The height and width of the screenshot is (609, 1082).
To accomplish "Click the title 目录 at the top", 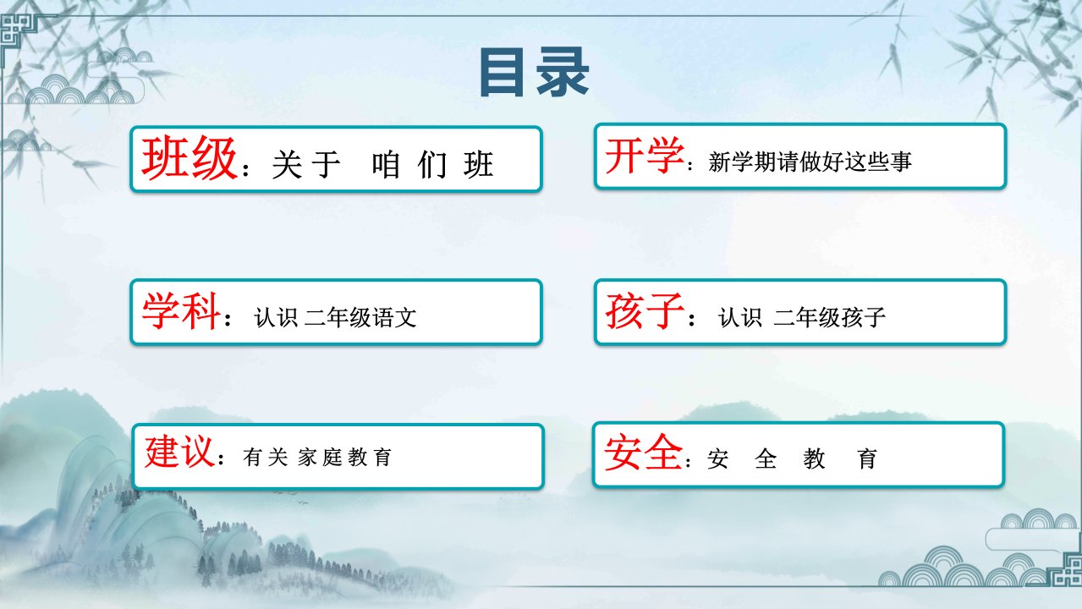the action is coord(534,73).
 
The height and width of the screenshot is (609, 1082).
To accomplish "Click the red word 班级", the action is coord(189,158).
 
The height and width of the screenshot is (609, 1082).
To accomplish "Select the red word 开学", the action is coord(645,155).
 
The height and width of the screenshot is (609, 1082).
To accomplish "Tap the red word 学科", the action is coord(181,311).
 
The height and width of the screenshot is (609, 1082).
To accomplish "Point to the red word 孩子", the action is coord(645,311).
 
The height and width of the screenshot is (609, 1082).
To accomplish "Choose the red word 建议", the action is coord(179,451).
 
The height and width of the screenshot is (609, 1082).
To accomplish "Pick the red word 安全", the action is coord(643,452).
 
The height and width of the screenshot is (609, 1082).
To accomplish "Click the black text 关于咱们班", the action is coord(382,165).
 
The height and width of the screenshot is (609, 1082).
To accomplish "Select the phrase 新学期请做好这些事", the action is coord(810,162).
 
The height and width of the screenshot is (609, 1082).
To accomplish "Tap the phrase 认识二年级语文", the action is coord(335,318).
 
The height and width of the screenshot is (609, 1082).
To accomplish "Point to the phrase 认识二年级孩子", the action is coord(802,318).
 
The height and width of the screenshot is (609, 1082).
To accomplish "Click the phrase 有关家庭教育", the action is coord(317,457).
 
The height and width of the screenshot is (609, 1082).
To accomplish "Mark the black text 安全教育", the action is coord(792,458).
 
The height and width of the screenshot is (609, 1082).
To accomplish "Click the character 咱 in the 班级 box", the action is coord(386,165).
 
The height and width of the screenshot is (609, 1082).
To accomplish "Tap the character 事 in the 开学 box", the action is coord(901,162).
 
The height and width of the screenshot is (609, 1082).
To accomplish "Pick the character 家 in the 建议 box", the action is coord(307,457).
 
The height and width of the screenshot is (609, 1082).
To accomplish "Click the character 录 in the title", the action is coord(563,73).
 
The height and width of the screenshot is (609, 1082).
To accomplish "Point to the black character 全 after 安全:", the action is coord(766,458).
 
